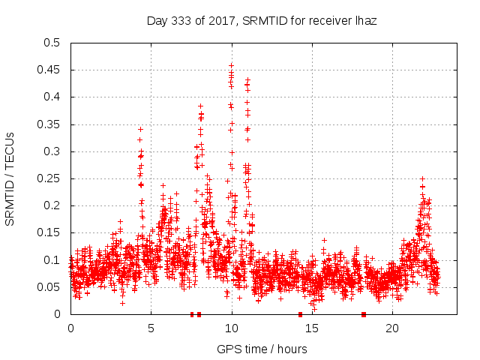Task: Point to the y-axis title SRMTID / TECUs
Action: [10, 178]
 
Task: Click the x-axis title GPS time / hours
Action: [262, 349]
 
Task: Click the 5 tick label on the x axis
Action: [151, 328]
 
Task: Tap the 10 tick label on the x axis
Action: [231, 328]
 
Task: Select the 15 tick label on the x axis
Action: [312, 328]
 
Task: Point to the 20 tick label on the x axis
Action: [392, 328]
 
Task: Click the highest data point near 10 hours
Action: [231, 65]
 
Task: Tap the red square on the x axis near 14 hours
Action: [300, 314]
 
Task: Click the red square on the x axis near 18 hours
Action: [364, 314]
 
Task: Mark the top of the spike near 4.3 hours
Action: [140, 129]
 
